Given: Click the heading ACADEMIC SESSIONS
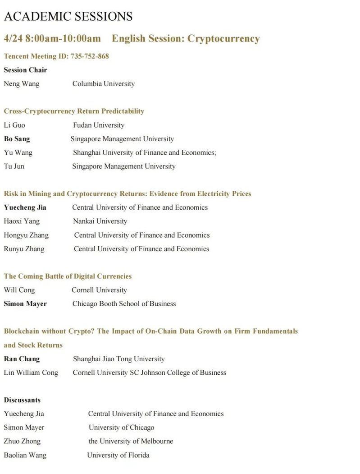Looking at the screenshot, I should point(68,17).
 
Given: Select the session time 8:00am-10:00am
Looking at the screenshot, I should point(63,39).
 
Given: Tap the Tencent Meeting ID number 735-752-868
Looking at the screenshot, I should point(90,56).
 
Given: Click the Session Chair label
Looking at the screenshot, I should point(25,70).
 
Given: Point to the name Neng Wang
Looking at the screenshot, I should point(22,83).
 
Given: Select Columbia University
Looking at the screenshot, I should point(103,83).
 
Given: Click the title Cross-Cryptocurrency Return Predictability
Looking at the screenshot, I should point(74,111).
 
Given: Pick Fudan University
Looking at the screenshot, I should point(99,125).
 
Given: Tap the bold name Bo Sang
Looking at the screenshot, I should point(17,139).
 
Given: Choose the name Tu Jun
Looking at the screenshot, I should point(14,166).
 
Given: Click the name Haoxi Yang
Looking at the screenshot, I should point(22,221).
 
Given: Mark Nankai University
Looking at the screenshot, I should point(100,221).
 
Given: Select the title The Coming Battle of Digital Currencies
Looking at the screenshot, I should point(68,276).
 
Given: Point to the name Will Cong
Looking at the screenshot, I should point(19,290).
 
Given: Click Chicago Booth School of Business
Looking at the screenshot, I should point(124,304).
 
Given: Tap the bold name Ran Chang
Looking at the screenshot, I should point(22,359).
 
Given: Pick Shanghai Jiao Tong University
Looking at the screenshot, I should point(119,359).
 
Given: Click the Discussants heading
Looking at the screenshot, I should point(22,400).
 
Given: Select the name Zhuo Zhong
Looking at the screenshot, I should point(22,441).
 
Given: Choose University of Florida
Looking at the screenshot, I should point(118,455).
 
